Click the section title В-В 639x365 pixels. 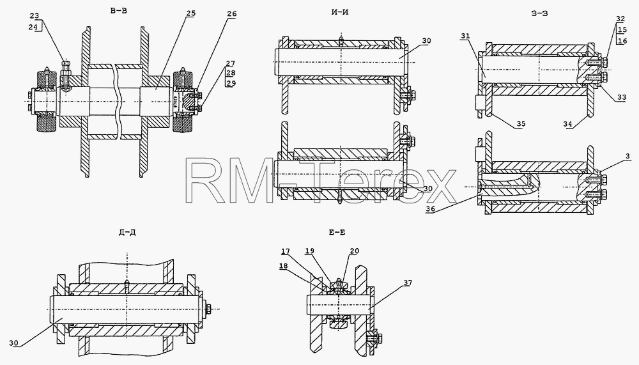pos(119,11)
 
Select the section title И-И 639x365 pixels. pos(340,12)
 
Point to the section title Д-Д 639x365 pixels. pos(127,233)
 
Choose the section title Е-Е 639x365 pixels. pos(337,233)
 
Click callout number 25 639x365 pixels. pos(190,13)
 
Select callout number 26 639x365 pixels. pos(231,14)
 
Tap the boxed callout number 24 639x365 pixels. pos(35,27)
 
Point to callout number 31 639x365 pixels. pos(465,36)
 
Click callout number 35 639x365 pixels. pos(521,124)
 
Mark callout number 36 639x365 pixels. pos(430,209)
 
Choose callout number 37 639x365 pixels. pos(408,283)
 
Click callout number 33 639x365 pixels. pos(622,97)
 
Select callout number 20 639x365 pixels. pos(354,251)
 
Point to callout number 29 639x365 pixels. pos(231,83)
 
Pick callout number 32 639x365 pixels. pos(620,19)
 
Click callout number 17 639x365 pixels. pos(285,251)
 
